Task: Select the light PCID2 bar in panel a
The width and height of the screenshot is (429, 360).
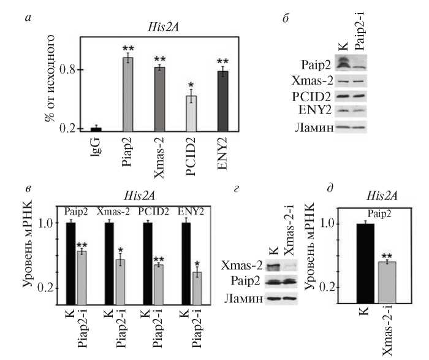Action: click(x=191, y=113)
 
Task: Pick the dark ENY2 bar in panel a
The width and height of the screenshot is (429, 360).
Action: click(x=223, y=101)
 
